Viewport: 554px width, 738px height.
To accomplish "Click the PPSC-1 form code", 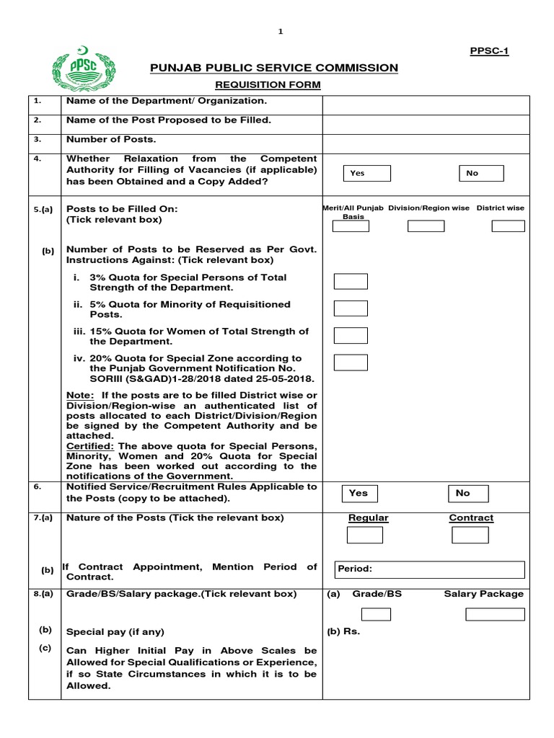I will click(x=489, y=50).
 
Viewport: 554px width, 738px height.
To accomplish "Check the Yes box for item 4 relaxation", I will click(x=366, y=173).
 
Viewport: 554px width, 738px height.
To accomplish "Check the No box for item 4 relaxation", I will click(x=481, y=173).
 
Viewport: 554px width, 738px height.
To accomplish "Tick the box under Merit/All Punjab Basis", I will click(x=350, y=226).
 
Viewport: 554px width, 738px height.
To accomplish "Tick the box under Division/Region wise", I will click(x=426, y=226).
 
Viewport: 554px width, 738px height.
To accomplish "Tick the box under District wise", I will click(x=508, y=226).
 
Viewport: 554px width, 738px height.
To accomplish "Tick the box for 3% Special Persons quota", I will click(x=351, y=282).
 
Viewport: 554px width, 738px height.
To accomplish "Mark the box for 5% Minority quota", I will click(x=351, y=308).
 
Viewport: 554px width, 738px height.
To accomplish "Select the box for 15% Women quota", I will click(x=351, y=335).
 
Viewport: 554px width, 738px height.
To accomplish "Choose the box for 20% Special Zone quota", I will click(x=351, y=362).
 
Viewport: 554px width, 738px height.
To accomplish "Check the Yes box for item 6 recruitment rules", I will click(x=366, y=494).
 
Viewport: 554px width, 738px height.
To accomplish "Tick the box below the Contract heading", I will click(x=470, y=535).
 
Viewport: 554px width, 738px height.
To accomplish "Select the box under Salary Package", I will click(x=495, y=614).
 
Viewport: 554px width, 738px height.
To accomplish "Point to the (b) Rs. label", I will click(x=343, y=632).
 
